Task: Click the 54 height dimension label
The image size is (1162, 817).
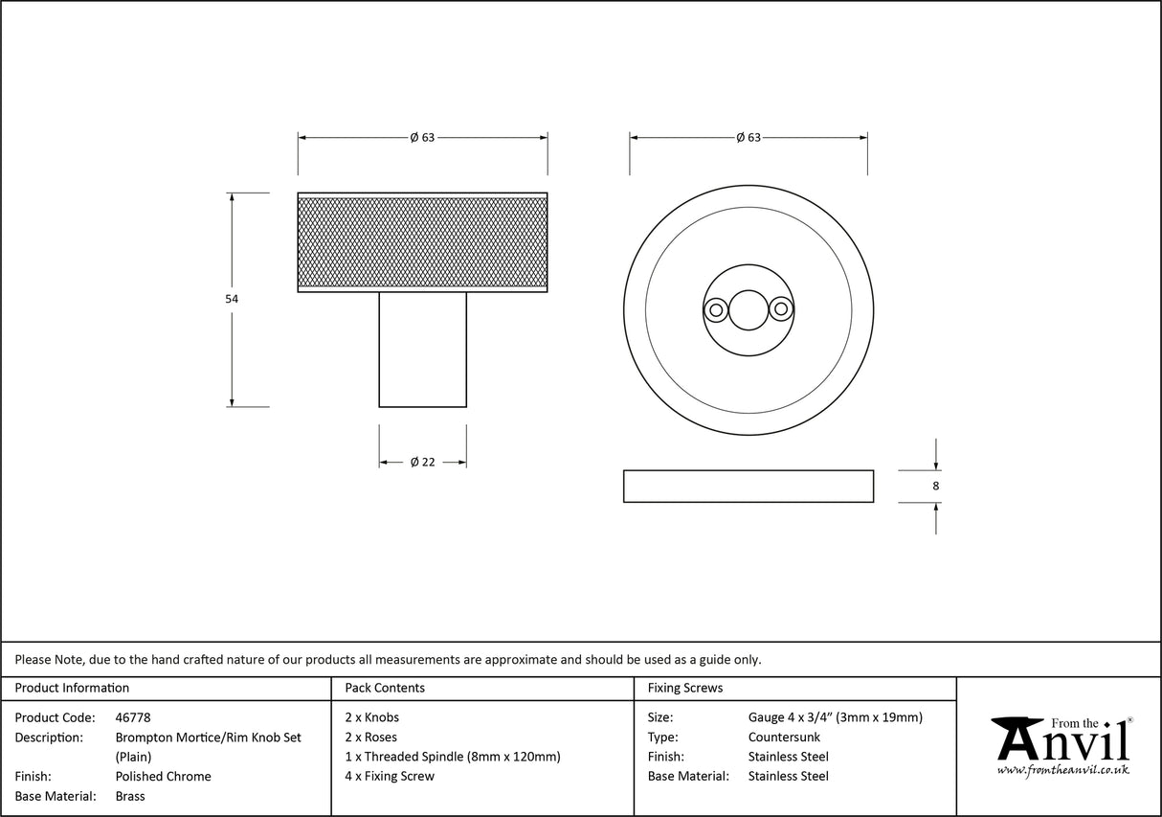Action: (x=232, y=299)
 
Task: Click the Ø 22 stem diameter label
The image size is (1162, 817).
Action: (x=422, y=462)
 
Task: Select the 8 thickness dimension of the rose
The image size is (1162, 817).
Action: (x=935, y=486)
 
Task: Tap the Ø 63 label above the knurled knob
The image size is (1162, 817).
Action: (x=422, y=138)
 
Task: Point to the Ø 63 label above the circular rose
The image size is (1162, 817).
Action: (x=749, y=138)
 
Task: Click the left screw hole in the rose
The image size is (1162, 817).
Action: (x=714, y=309)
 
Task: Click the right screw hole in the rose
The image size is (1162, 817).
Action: (x=782, y=309)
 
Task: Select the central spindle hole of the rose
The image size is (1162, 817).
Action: (x=748, y=309)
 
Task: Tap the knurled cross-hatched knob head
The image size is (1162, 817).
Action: (x=422, y=241)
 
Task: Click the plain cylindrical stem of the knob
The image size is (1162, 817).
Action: (x=422, y=350)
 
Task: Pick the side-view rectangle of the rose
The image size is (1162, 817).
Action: (x=748, y=486)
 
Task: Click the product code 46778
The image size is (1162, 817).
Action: (x=133, y=717)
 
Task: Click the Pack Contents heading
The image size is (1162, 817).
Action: (x=385, y=688)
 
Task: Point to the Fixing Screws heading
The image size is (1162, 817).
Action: (x=685, y=688)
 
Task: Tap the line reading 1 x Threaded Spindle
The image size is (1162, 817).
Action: (x=452, y=757)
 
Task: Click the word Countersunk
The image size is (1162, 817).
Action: (x=784, y=738)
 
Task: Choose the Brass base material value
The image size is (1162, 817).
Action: (x=130, y=796)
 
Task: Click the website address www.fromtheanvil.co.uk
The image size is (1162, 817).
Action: (x=1062, y=770)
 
